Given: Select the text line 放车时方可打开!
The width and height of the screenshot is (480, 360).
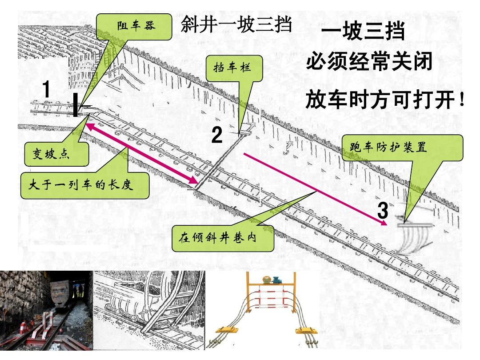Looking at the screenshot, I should point(384,100).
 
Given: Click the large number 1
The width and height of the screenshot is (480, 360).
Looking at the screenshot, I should point(45,90).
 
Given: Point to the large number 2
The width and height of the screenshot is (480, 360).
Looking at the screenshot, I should point(216,135).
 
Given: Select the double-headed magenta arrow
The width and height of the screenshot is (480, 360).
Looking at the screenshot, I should point(142,154).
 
